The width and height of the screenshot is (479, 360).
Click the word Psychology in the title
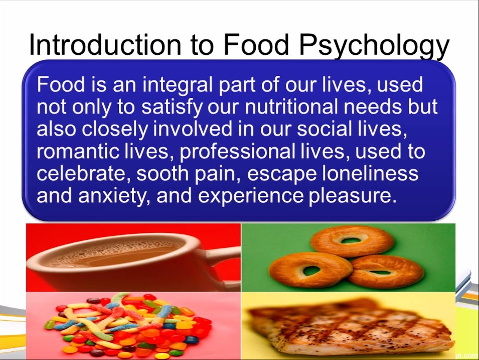pyautogui.click(x=374, y=46)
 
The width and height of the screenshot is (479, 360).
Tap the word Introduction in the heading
pyautogui.click(x=105, y=44)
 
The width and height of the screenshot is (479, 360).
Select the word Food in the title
pyautogui.click(x=256, y=44)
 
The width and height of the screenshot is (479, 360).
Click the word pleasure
pyautogui.click(x=353, y=196)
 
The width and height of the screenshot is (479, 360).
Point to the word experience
pyautogui.click(x=251, y=197)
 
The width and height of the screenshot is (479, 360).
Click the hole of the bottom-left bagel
pyautogui.click(x=311, y=270)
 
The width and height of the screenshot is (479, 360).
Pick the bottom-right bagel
pyautogui.click(x=386, y=271)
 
